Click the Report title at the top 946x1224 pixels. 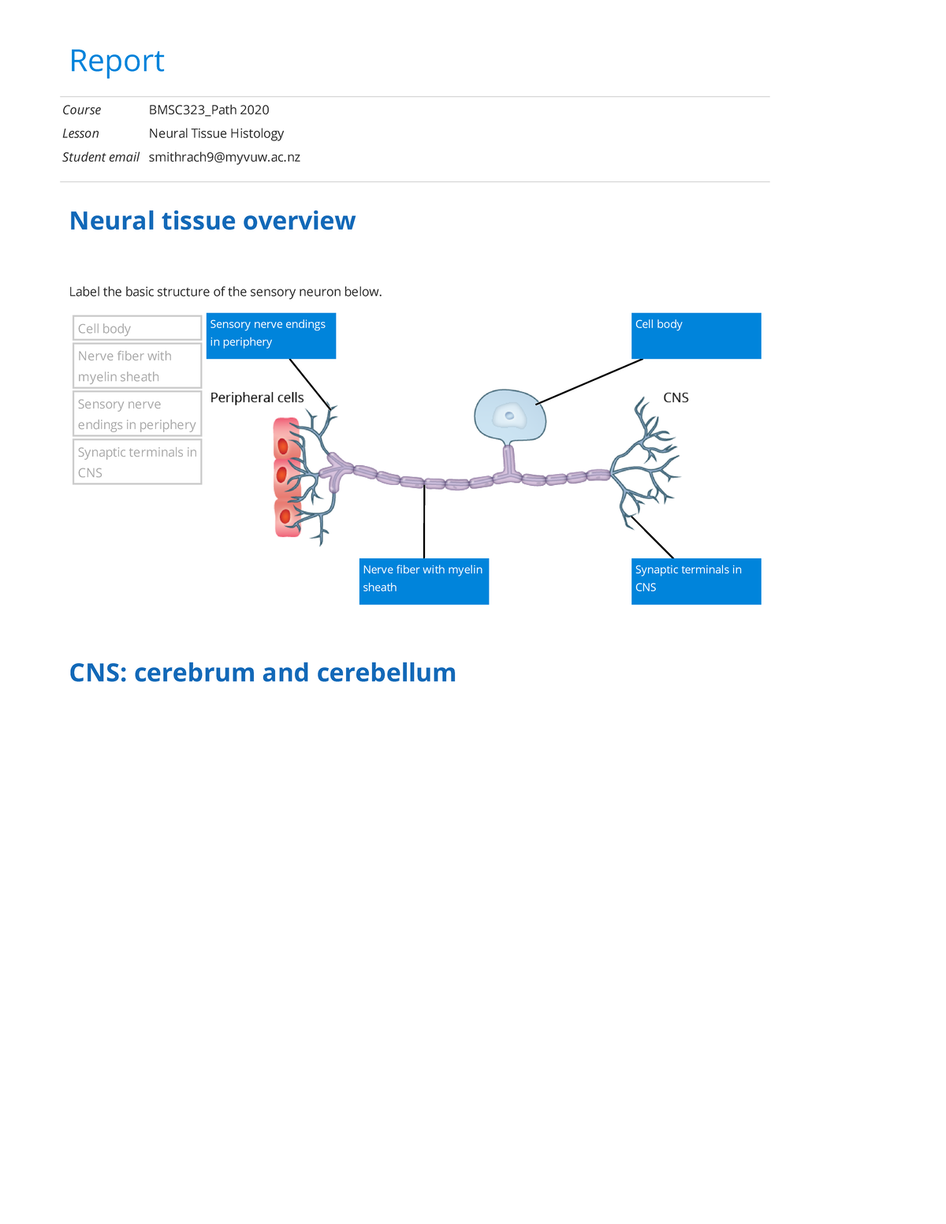tap(117, 62)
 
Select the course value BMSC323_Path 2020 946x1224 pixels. tap(209, 110)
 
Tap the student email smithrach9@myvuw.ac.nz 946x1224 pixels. tap(224, 157)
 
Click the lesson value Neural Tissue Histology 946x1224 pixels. tap(216, 133)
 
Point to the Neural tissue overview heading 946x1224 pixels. tap(212, 221)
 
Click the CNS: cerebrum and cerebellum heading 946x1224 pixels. tap(263, 673)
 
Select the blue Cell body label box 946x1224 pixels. tap(696, 336)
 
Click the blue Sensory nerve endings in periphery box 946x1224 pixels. tap(270, 336)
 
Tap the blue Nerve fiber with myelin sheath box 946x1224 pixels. tap(423, 581)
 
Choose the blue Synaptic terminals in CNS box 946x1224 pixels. tap(696, 581)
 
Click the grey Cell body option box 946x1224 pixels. tap(137, 328)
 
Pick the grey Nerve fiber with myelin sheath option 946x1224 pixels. tap(137, 366)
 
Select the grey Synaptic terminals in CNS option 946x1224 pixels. tap(137, 462)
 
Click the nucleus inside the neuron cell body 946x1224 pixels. tap(510, 416)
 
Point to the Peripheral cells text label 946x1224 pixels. tap(257, 397)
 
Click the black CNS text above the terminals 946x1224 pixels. tap(676, 397)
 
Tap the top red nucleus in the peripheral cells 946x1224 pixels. tap(282, 446)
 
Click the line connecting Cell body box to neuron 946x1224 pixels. tap(590, 382)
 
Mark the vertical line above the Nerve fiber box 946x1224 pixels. tap(424, 521)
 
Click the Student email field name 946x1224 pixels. tap(101, 157)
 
